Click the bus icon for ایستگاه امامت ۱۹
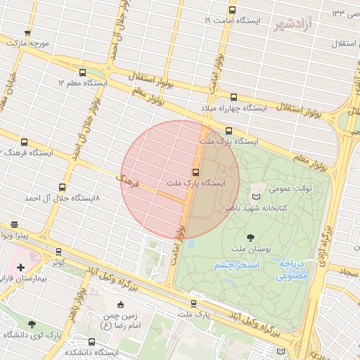click(232, 10)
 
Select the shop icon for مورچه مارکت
click(27, 32)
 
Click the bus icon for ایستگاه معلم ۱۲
click(83, 72)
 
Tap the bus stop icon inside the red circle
click(195, 172)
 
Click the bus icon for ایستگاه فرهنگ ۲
click(25, 142)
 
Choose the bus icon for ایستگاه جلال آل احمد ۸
click(63, 188)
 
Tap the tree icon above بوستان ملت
click(252, 237)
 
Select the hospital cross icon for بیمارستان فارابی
click(20, 267)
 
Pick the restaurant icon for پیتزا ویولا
click(15, 224)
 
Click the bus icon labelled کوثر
click(58, 251)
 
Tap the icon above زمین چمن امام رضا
click(120, 304)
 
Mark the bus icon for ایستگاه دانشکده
click(91, 340)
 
